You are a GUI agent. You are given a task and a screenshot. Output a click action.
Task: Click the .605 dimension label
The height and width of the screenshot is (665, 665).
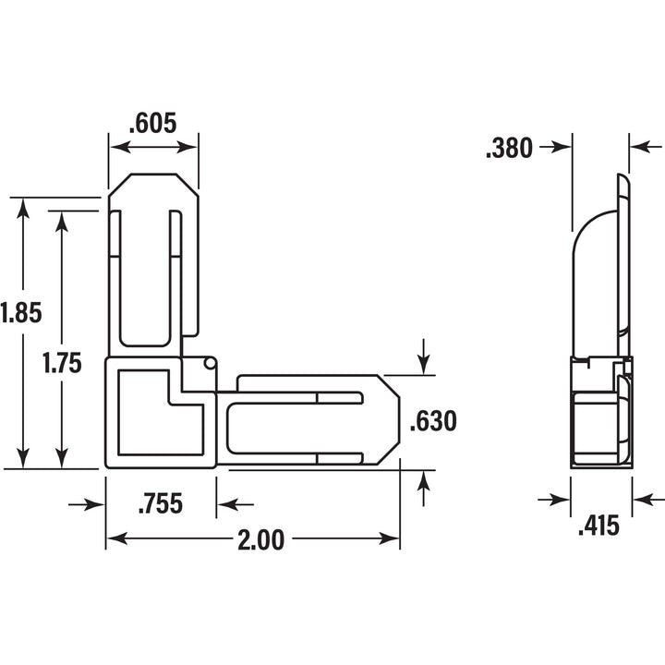coord(152,124)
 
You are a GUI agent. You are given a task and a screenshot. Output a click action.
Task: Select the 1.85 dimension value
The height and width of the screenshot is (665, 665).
coord(20,313)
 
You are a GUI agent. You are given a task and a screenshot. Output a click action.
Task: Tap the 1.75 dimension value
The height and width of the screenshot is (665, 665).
coord(62,364)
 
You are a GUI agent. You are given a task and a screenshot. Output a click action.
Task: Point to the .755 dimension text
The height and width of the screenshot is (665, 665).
coord(161,503)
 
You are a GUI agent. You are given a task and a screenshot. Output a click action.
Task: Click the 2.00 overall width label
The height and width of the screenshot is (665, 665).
coord(260,540)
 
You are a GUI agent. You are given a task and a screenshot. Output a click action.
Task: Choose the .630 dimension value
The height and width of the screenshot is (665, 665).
coord(433,421)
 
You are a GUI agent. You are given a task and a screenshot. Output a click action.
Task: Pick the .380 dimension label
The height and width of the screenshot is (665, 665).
coord(509,149)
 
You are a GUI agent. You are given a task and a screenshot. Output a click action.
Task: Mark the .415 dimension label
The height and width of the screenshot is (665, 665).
coord(598,526)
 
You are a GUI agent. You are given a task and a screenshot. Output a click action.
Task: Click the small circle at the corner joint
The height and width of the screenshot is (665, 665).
coord(210,363)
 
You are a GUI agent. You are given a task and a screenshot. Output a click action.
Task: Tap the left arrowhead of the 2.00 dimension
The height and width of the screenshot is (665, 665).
coord(116,538)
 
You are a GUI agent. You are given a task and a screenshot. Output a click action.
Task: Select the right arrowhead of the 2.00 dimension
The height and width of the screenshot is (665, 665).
coord(389,538)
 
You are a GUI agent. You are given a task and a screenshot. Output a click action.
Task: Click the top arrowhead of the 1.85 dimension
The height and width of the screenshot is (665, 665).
coord(23,208)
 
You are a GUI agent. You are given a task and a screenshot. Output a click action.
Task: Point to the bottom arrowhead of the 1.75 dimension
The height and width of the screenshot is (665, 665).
coord(62,457)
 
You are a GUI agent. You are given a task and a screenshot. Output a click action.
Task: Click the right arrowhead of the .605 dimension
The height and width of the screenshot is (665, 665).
coord(187,148)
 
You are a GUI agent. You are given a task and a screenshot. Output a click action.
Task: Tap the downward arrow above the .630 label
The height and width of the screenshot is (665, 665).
coord(423,357)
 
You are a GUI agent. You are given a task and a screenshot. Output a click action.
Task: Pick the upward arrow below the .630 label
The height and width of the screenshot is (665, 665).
coord(423,489)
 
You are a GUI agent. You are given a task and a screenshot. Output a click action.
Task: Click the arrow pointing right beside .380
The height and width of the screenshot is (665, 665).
coord(556,148)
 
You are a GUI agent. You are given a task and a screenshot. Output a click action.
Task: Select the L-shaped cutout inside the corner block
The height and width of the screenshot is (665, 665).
coord(161,413)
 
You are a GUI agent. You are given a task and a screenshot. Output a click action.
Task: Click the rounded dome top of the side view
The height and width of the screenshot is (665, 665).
coord(595,229)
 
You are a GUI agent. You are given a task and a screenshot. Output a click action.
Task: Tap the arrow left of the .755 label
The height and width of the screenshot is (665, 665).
coord(87,504)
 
